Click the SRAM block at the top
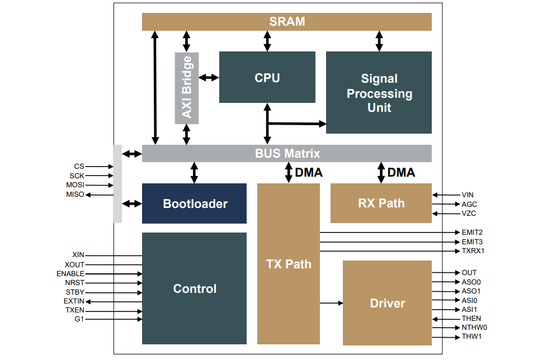286,22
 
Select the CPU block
267,77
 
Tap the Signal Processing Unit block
379,93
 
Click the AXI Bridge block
187,87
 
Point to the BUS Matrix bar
286,153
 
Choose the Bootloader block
194,203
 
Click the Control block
194,288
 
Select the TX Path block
288,264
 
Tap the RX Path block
381,203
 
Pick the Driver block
387,303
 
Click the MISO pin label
74,195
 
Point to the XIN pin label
78,255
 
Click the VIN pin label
468,195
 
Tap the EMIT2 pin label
472,232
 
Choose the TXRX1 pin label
473,251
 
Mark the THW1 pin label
471,337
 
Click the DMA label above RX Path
401,173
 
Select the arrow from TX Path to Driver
332,303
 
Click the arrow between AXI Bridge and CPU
209,77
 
